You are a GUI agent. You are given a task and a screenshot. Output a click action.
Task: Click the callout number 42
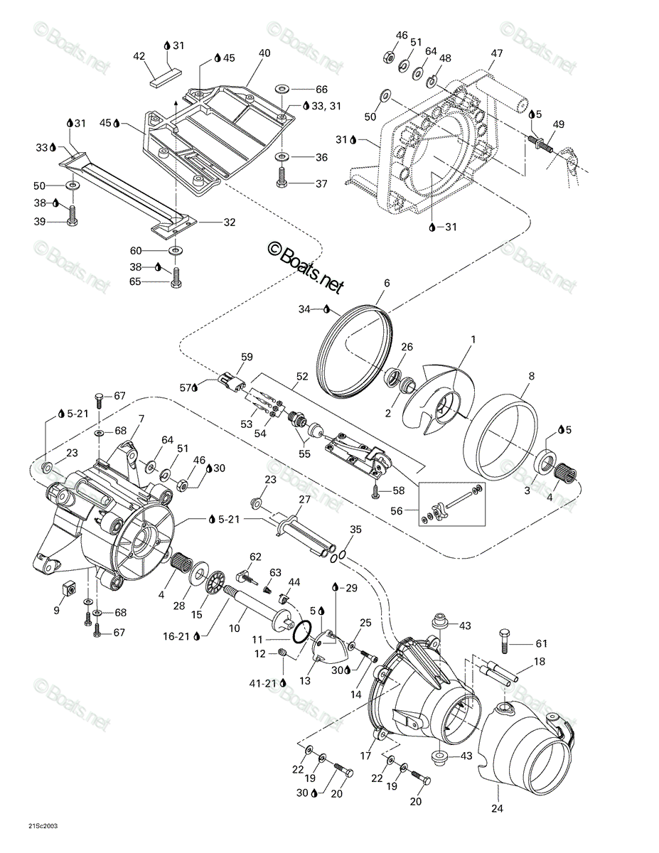139,57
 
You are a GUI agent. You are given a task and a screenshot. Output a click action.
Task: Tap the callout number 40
264,53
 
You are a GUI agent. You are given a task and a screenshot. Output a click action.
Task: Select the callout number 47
497,53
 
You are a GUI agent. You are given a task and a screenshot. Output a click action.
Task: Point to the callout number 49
558,124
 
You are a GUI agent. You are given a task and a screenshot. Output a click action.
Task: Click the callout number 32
229,222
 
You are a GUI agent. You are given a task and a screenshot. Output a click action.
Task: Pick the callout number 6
387,283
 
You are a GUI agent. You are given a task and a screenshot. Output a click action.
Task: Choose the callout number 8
532,376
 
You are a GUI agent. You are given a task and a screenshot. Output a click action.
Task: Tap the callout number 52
302,377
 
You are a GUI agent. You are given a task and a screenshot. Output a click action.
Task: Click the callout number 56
397,510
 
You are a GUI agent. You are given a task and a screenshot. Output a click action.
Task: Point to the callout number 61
542,643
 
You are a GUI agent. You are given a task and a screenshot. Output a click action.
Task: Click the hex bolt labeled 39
73,216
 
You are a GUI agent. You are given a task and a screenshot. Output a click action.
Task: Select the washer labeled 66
282,88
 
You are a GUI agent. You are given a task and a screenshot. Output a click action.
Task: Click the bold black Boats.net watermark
306,267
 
